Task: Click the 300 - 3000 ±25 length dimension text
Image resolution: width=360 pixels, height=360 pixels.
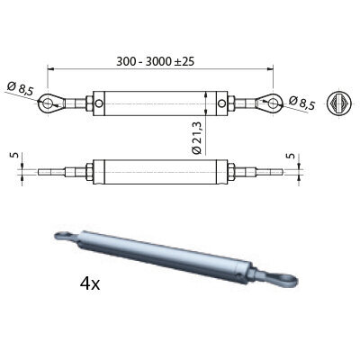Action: (156, 61)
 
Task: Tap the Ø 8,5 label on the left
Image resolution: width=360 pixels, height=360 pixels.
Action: (21, 89)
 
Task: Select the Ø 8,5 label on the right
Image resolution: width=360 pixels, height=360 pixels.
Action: (302, 103)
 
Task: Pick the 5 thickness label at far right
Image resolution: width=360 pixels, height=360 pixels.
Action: (291, 156)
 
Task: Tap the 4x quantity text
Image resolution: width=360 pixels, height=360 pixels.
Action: (90, 283)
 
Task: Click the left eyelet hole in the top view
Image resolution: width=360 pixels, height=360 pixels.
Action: (47, 103)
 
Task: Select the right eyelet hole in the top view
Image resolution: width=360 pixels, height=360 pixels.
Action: (273, 103)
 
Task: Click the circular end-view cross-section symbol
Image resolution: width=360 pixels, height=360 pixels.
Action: (339, 103)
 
